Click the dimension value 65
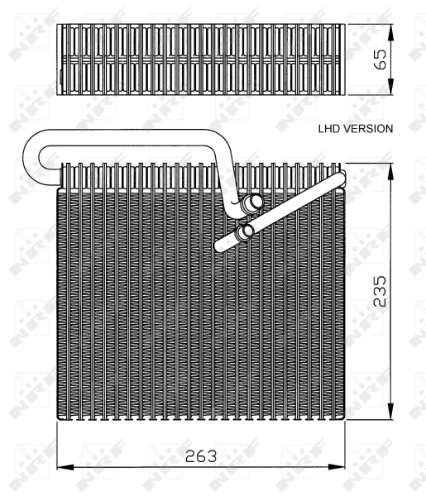tap(381, 60)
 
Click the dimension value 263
tap(201, 456)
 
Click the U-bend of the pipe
tap(31, 155)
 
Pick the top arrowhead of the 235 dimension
tap(390, 169)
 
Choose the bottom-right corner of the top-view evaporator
tap(342, 93)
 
